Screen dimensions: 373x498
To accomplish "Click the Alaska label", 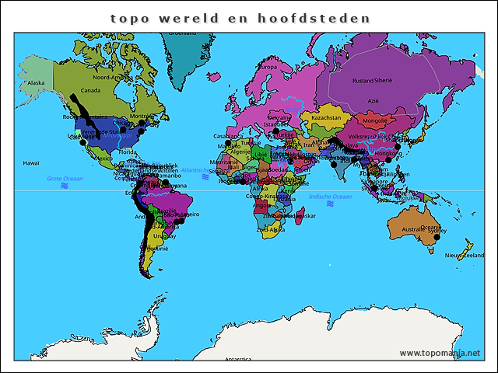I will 37,82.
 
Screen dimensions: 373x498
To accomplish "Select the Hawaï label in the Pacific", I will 31,163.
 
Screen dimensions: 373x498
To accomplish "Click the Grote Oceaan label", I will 65,179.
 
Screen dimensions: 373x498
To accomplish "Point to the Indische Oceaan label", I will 331,197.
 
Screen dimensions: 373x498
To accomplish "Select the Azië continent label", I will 373,100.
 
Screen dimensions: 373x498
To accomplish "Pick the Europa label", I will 268,68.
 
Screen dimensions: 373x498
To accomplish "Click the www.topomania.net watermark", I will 440,353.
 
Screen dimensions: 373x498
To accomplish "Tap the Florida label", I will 129,153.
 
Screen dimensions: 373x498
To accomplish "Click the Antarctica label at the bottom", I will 238,360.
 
